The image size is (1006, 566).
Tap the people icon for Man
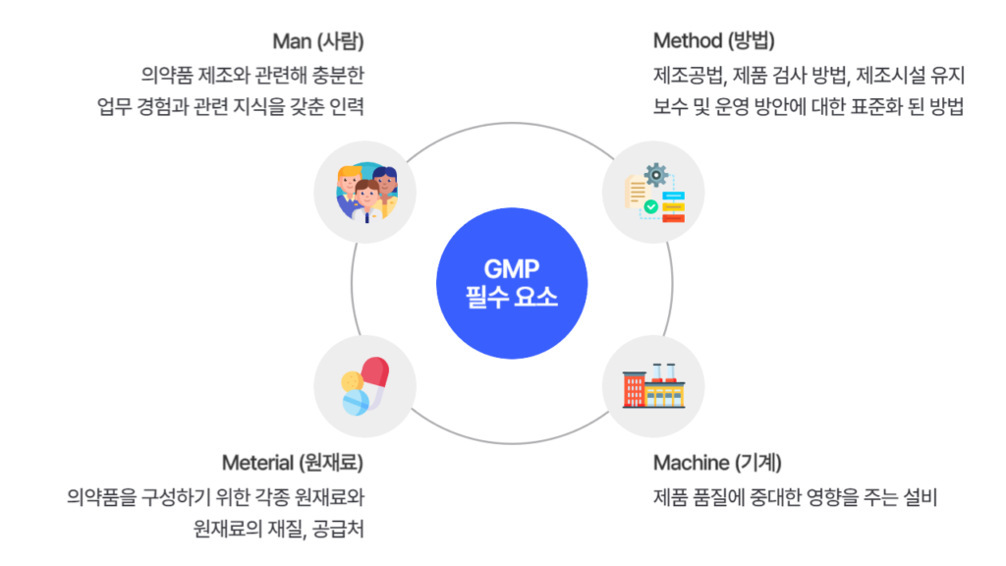[x=364, y=191]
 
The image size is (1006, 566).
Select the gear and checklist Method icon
[x=652, y=192]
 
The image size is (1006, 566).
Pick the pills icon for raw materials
[x=364, y=386]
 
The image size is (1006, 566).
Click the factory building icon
[x=652, y=386]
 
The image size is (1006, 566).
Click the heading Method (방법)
[x=714, y=41]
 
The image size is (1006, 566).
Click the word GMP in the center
[x=506, y=269]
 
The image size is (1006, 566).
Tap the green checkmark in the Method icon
[x=649, y=207]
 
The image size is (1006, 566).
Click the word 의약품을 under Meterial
[x=102, y=496]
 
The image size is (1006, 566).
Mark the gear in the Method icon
[x=656, y=177]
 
